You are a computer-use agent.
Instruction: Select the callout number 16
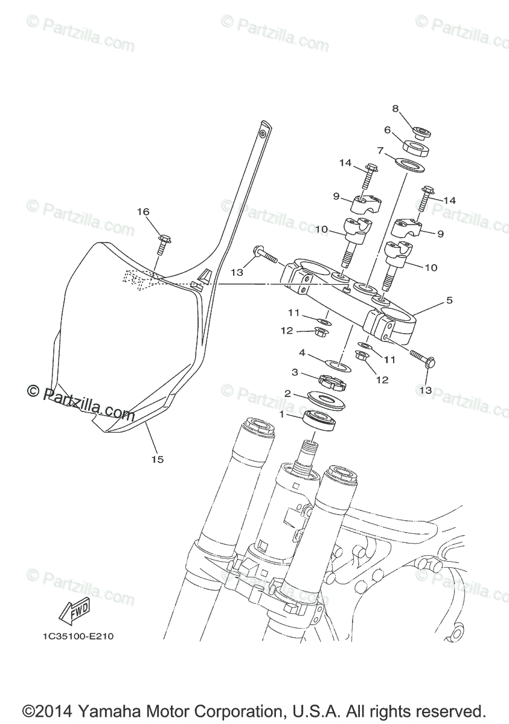coord(142,212)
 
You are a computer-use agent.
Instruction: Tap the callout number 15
coord(157,459)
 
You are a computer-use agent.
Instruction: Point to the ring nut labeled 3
coord(331,381)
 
